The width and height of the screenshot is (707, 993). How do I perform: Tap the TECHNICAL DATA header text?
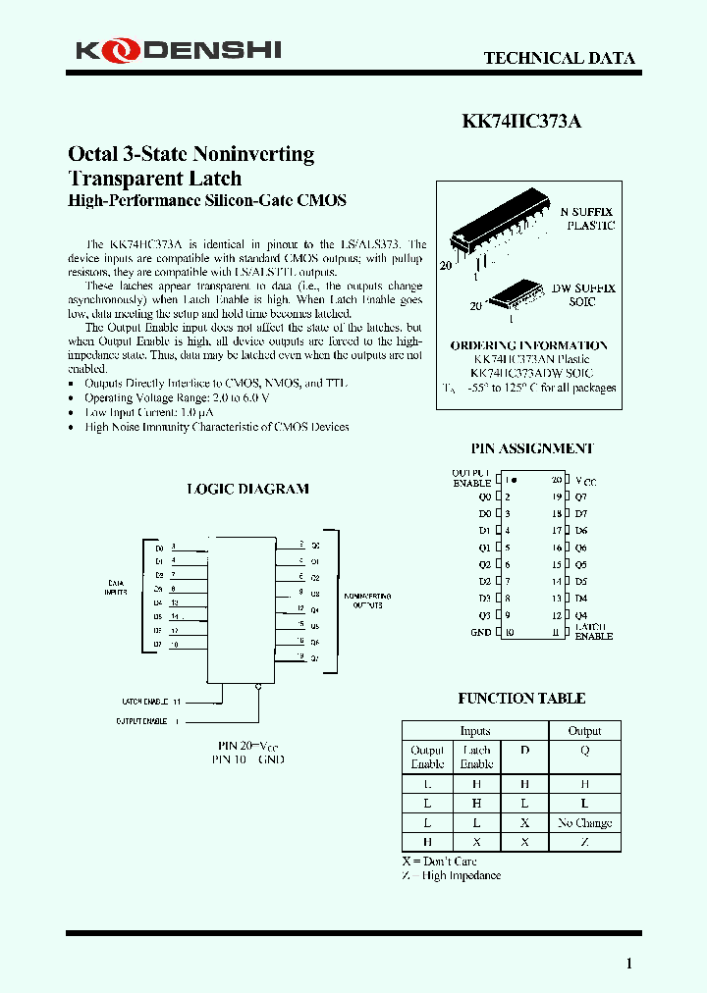click(x=559, y=58)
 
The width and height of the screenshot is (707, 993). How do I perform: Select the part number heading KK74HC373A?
click(x=521, y=122)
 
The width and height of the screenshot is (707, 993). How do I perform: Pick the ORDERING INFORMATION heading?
click(x=528, y=345)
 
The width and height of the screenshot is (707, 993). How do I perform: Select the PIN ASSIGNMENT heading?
click(x=531, y=448)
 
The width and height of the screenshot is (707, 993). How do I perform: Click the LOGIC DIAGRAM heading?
click(x=247, y=489)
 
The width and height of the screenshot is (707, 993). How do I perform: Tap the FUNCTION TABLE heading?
click(x=521, y=699)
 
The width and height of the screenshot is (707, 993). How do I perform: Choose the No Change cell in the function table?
click(x=584, y=822)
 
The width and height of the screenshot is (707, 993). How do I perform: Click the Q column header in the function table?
click(x=584, y=750)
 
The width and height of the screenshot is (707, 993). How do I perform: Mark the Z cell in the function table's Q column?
click(x=584, y=842)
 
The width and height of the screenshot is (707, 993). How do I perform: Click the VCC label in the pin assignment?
click(x=585, y=482)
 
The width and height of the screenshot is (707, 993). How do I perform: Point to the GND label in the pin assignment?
click(x=480, y=632)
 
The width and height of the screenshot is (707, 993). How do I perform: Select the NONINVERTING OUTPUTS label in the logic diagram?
click(x=367, y=601)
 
